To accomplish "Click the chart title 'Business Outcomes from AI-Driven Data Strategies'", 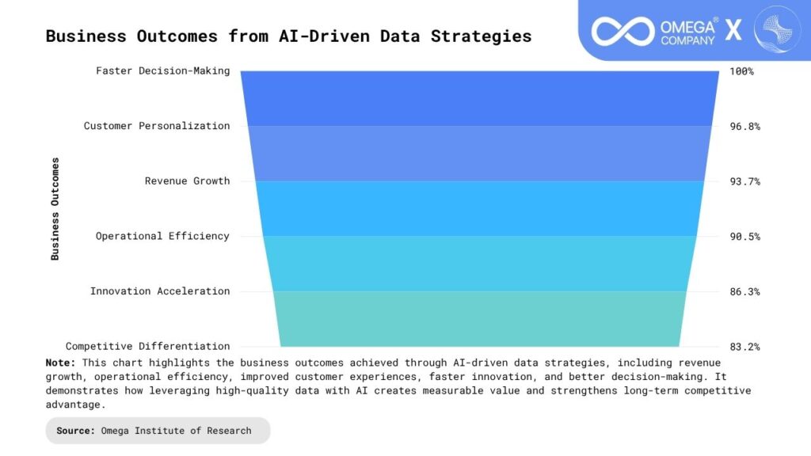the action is click(288, 36).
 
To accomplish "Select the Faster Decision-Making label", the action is click(163, 70).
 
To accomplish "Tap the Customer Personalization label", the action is click(157, 126).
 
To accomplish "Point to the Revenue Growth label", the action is click(187, 181).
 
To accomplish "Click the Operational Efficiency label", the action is click(162, 236).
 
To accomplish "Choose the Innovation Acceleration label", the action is click(160, 291).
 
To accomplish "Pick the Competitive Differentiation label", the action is click(147, 347).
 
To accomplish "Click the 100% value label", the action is click(741, 71).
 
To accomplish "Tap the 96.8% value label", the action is click(744, 126).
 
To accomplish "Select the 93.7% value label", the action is click(744, 181).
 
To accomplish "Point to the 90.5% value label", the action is click(744, 237).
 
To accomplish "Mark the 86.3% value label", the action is click(744, 291).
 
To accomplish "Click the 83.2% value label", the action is click(744, 347).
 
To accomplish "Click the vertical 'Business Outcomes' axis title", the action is click(55, 209).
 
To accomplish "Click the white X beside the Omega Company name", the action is click(733, 30).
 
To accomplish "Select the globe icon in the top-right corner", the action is click(777, 29).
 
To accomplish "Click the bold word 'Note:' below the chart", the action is click(60, 363).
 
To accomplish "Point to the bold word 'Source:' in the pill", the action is click(75, 431).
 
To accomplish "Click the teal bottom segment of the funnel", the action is click(479, 319).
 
